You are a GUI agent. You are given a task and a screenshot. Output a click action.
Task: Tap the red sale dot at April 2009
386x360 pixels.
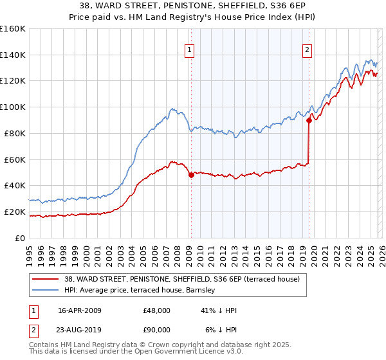191,175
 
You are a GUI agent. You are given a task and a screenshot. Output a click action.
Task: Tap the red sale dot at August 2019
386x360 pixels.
309,120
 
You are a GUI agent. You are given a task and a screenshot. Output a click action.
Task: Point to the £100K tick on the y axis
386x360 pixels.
12,107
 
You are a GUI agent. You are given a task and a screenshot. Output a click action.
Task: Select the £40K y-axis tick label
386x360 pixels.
14,185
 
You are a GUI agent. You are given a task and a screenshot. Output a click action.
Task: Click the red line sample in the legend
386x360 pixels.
46,278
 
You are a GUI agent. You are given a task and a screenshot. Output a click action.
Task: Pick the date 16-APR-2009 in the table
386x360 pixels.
79,310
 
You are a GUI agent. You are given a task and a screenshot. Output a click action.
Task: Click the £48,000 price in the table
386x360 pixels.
157,310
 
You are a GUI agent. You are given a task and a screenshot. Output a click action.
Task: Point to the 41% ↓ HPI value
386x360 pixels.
219,310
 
